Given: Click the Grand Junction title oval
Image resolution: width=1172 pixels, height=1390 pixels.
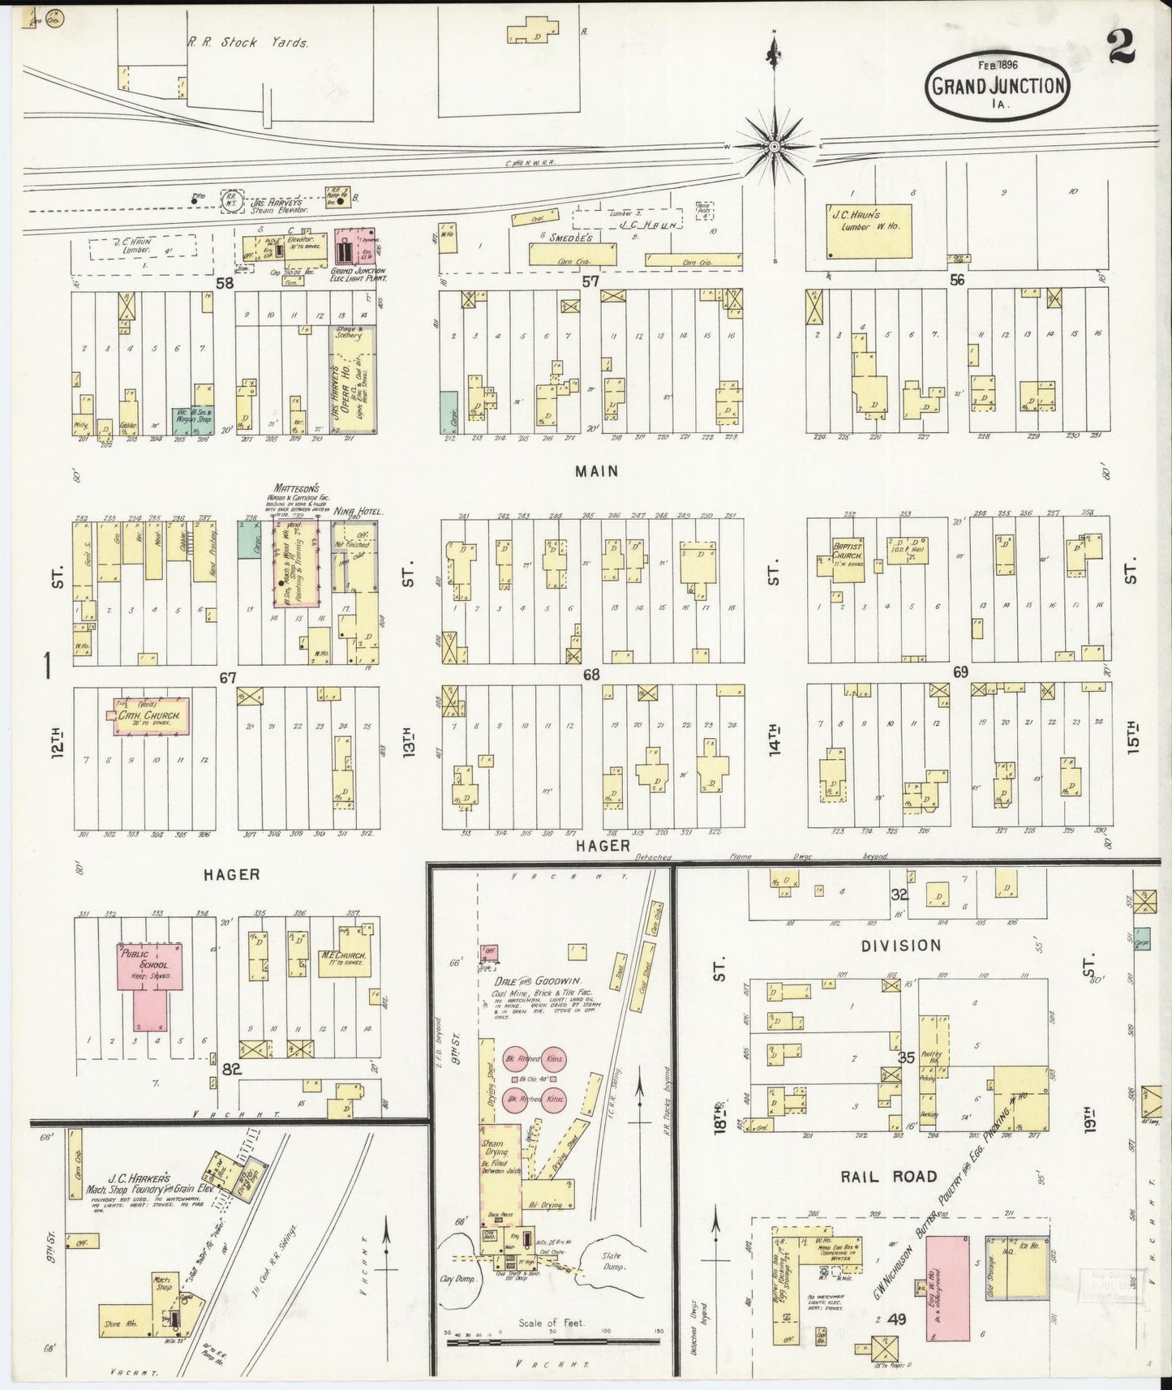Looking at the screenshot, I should click(997, 85).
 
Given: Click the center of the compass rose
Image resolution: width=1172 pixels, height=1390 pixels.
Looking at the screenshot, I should click(774, 147).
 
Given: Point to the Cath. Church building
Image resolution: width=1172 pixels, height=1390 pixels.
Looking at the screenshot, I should click(152, 716).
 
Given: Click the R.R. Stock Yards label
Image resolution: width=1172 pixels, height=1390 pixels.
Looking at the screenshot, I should click(247, 43).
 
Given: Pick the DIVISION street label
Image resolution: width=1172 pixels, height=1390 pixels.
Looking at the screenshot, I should click(901, 946).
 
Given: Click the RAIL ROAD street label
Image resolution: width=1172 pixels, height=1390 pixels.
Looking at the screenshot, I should click(889, 1176).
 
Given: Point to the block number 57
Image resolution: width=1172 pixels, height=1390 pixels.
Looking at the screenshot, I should click(590, 281).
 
